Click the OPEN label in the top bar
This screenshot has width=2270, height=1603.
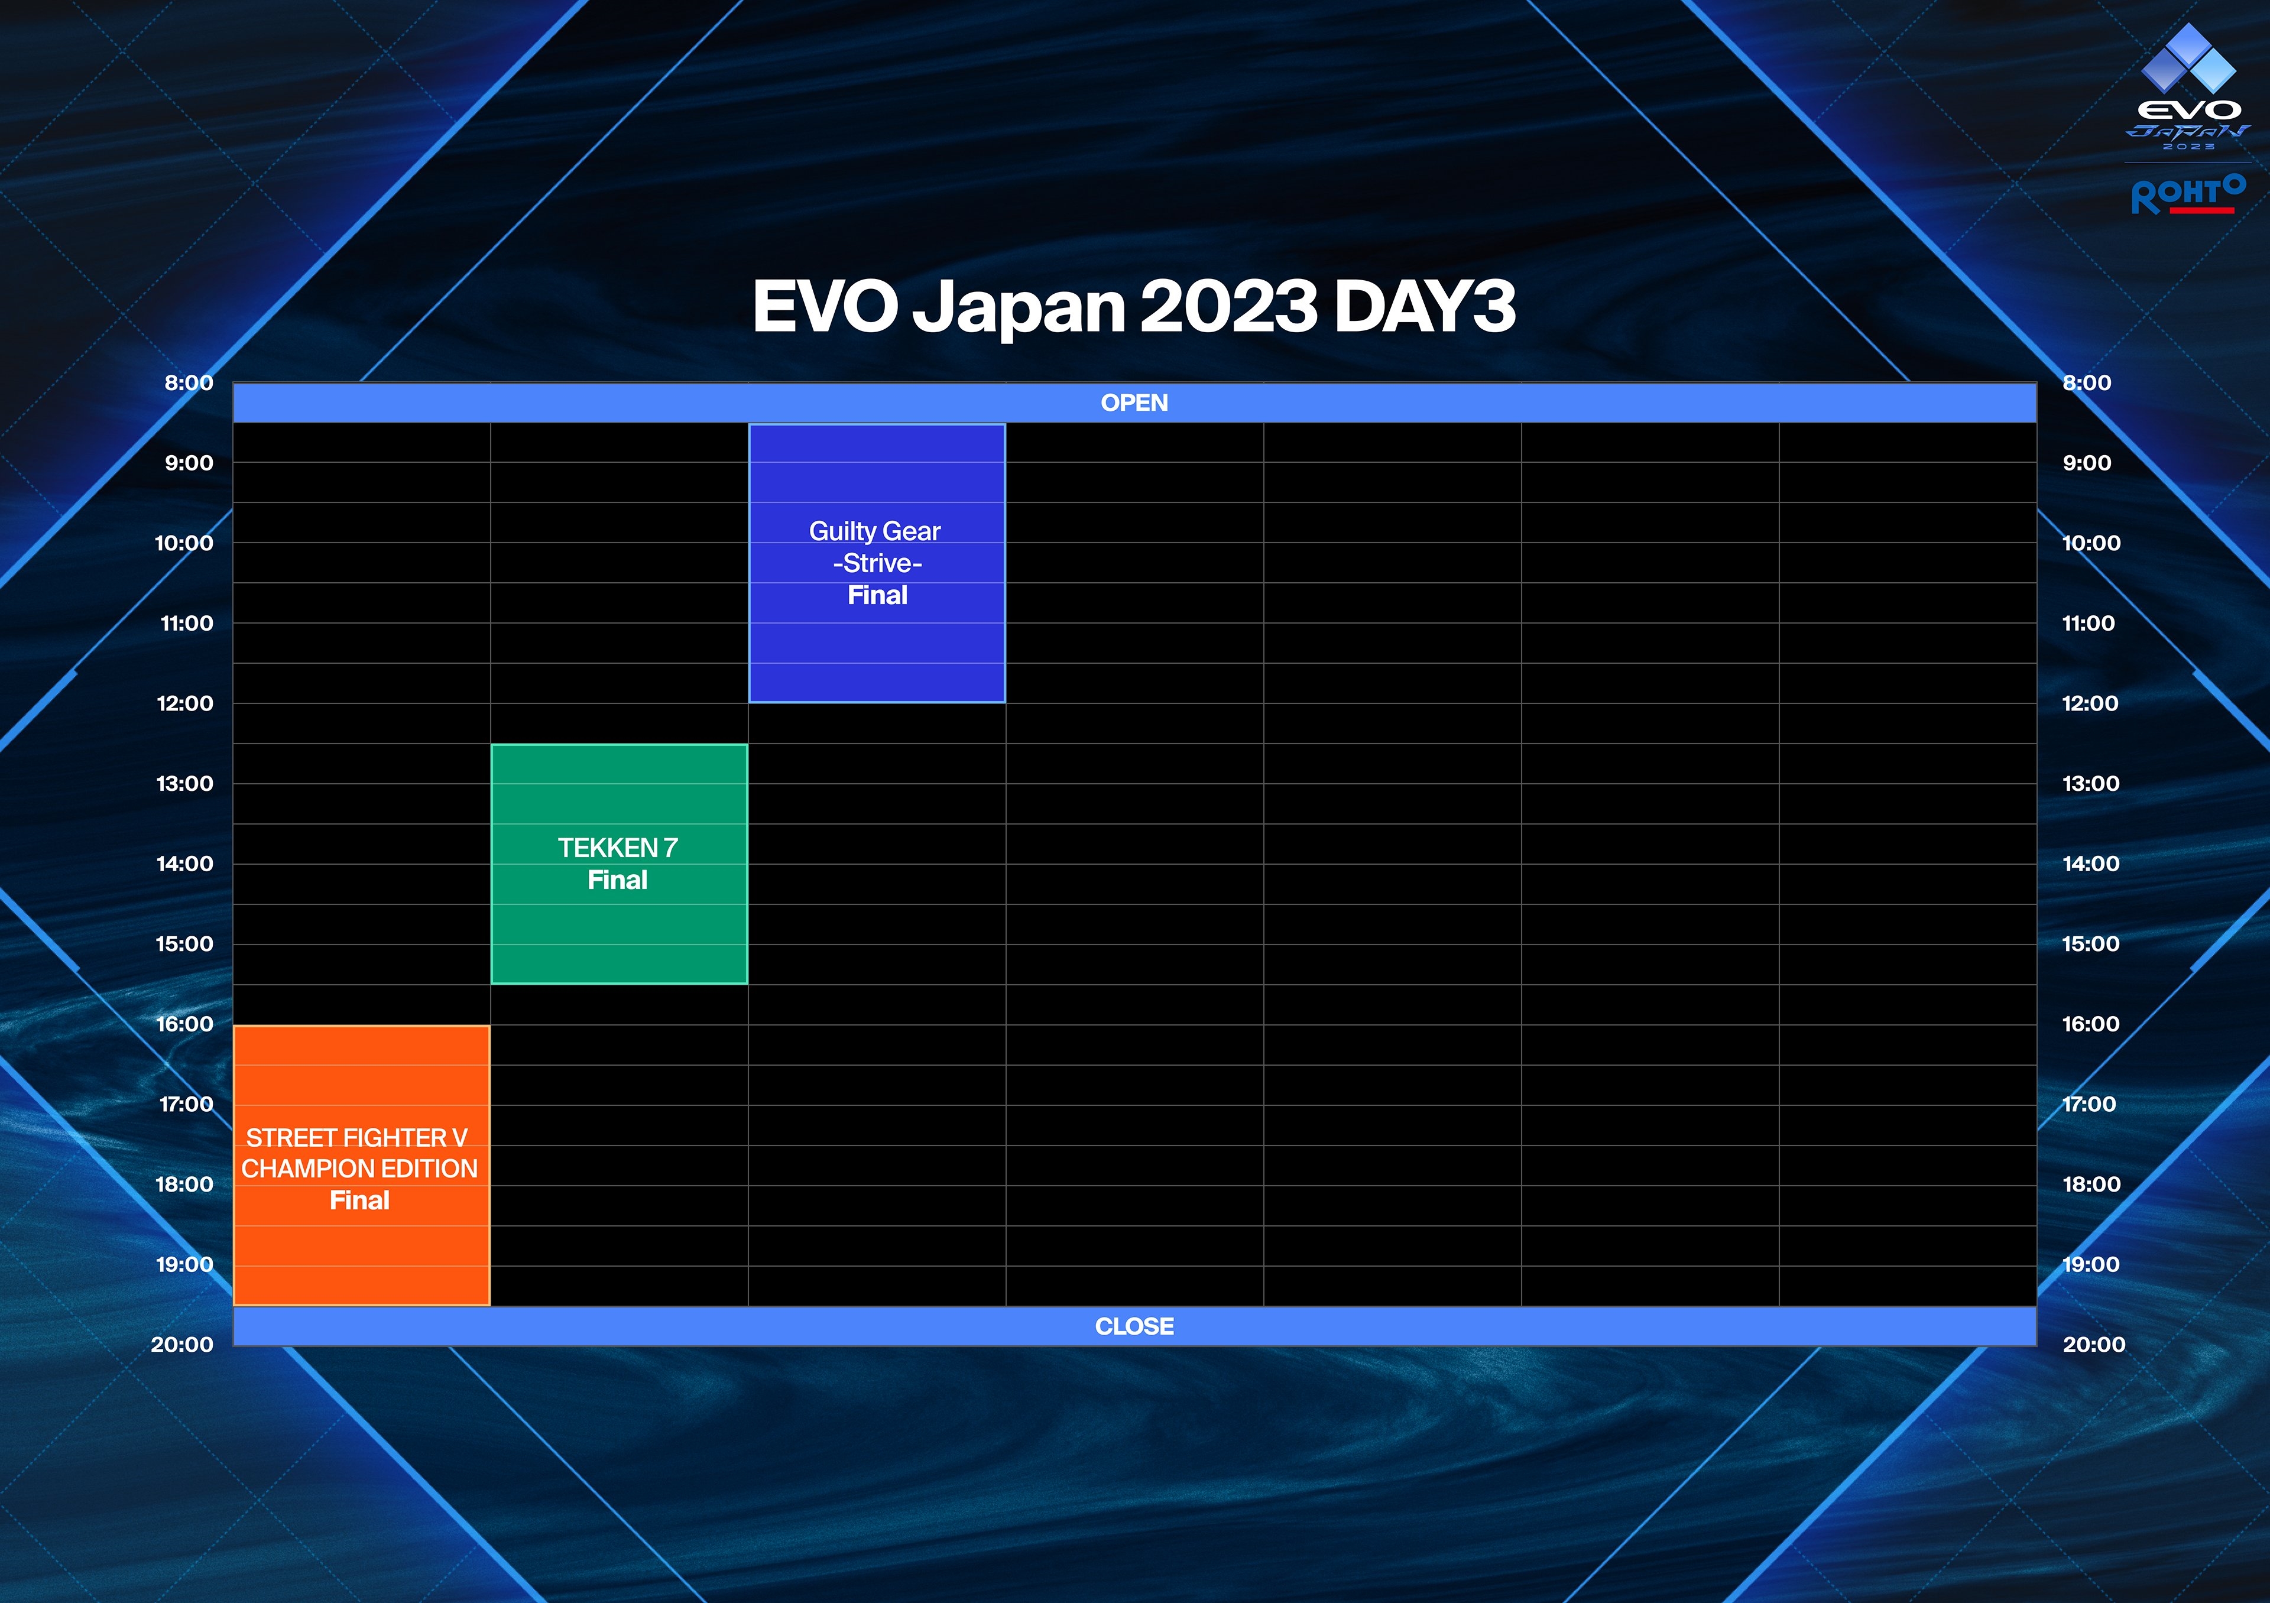pos(1134,403)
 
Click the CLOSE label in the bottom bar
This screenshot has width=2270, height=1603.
pos(1134,1326)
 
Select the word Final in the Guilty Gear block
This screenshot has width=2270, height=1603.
pos(877,595)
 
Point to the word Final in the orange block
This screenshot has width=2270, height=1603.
pos(360,1200)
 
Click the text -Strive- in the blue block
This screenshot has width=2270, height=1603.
pos(877,563)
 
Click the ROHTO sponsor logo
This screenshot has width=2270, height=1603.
pos(2188,194)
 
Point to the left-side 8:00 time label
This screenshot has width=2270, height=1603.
pos(189,382)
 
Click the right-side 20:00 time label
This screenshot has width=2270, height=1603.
pos(2094,1344)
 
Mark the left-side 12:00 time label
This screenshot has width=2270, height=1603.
pos(185,703)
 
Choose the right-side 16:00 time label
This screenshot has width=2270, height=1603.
pos(2091,1024)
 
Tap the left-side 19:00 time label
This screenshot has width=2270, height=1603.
pos(185,1264)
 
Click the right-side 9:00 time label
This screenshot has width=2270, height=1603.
pos(2087,463)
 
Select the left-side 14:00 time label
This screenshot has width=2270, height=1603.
pos(185,864)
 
